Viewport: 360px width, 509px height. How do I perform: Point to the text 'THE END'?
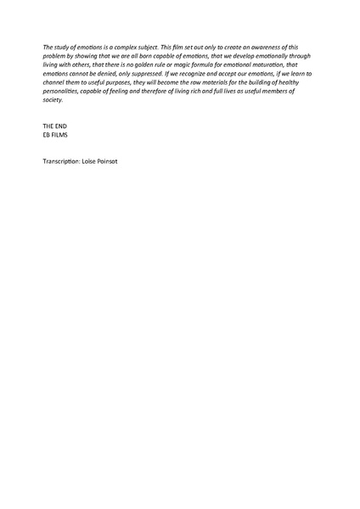pos(54,126)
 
